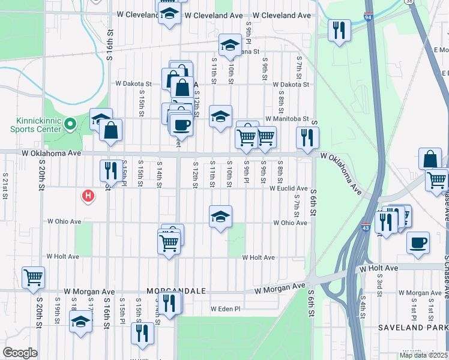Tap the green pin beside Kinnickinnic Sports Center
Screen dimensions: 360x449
[70, 125]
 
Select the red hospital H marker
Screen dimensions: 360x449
[88, 196]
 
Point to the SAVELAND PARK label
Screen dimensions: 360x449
[413, 328]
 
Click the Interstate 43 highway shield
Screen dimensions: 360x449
[366, 228]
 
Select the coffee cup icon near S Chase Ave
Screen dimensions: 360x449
[418, 242]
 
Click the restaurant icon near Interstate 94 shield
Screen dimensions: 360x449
[340, 29]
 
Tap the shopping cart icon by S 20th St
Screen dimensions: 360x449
[34, 277]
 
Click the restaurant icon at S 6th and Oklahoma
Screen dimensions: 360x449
[307, 137]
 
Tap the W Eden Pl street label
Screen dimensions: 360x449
[225, 309]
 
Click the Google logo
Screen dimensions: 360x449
[20, 353]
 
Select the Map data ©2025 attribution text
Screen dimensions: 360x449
[423, 355]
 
